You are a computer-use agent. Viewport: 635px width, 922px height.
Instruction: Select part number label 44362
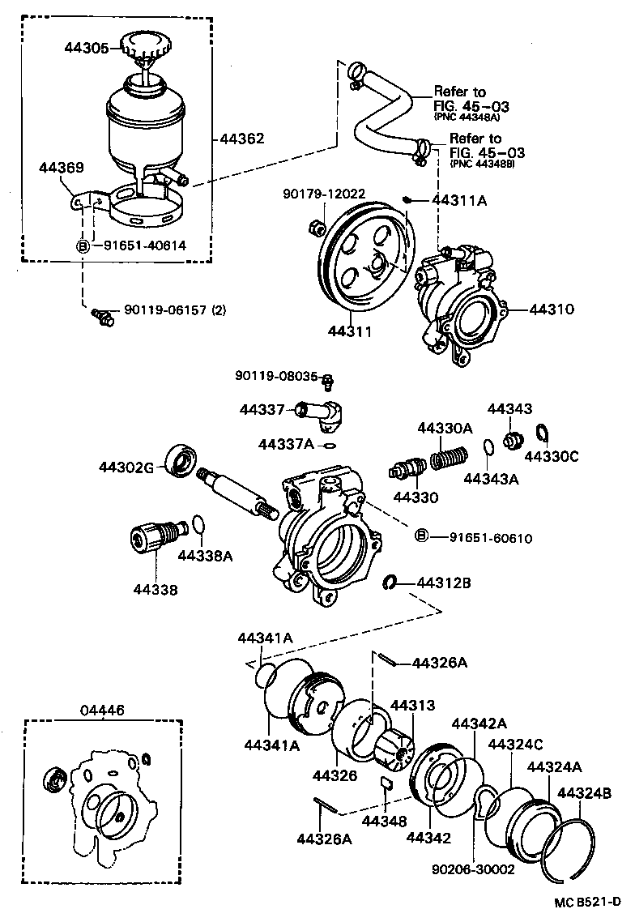click(241, 139)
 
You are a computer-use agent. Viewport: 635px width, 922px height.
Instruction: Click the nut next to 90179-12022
click(316, 229)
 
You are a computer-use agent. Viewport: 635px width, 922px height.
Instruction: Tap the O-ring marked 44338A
click(198, 527)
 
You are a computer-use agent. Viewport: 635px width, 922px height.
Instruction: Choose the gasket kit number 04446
click(102, 710)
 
